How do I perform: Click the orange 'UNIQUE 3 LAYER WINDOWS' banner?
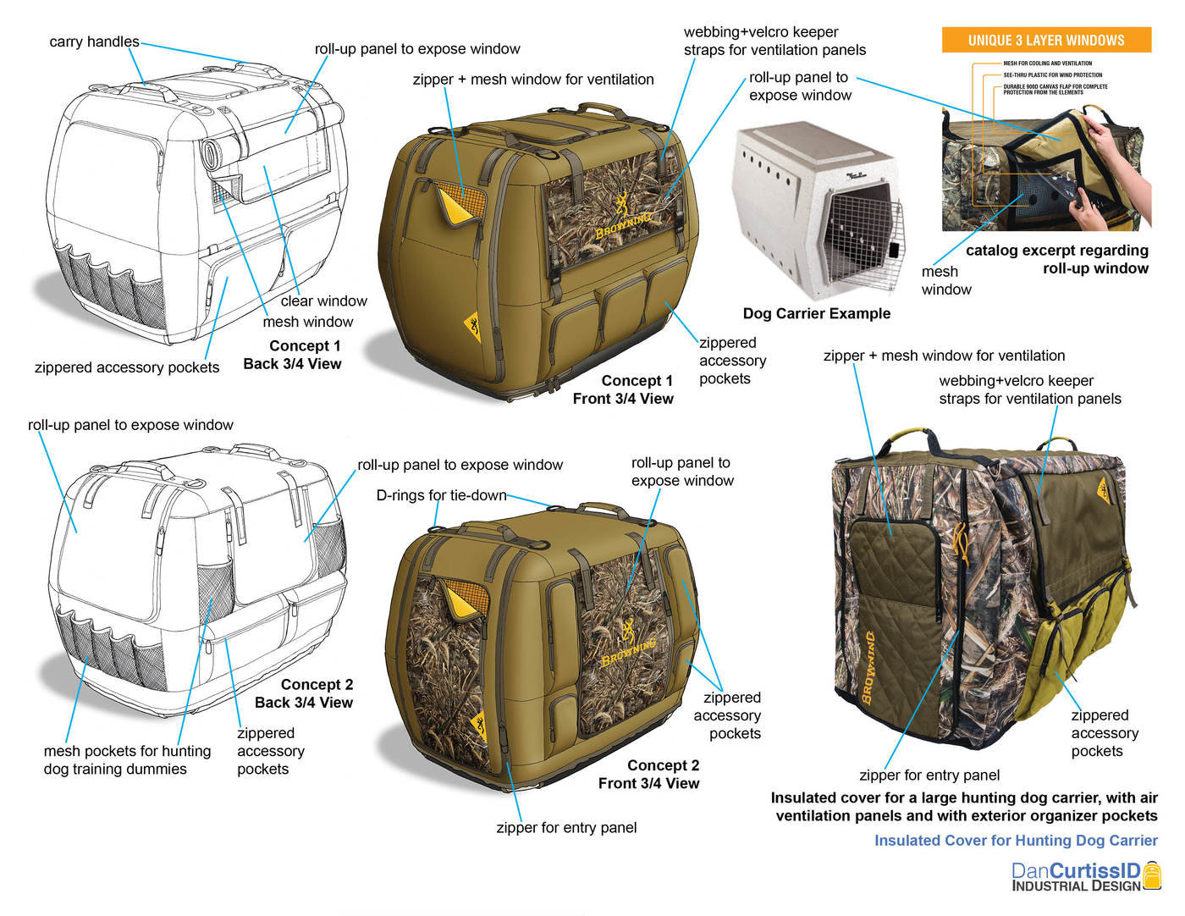[x=1046, y=40]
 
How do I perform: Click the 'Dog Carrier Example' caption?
[x=816, y=313]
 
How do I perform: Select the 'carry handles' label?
[x=94, y=41]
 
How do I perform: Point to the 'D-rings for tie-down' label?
[x=441, y=495]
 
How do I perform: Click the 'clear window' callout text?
[x=323, y=301]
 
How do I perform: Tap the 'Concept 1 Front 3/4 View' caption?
[x=623, y=389]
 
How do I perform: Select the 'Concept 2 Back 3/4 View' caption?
[x=304, y=693]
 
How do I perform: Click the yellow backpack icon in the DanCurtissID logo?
[x=1152, y=875]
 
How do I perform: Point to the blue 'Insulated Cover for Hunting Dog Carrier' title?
[x=1016, y=840]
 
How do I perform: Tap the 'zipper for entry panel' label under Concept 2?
[x=566, y=827]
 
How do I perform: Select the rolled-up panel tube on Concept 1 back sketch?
[x=210, y=153]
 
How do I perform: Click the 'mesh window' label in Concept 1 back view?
[x=307, y=322]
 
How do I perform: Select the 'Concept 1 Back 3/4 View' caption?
[x=292, y=355]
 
